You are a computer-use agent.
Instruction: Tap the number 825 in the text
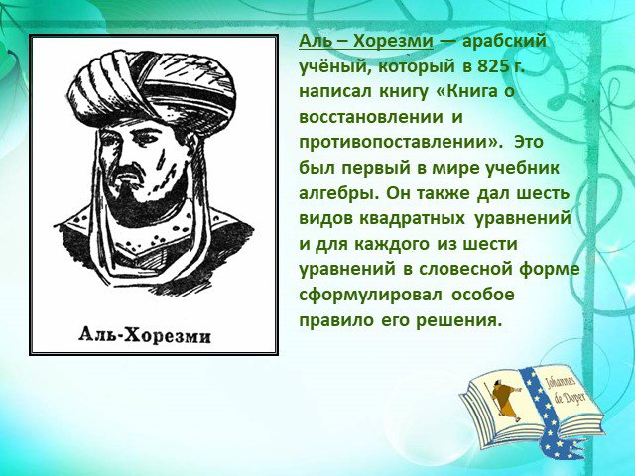coord(492,66)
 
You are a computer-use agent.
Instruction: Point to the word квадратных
coord(412,219)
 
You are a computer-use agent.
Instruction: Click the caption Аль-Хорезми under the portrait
coord(145,336)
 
